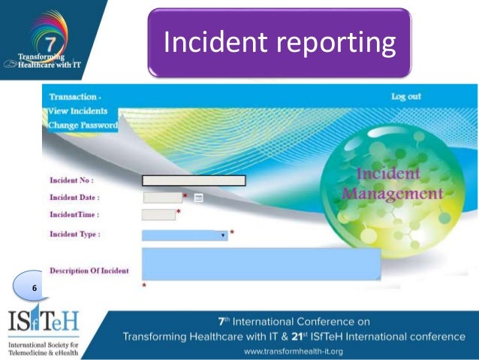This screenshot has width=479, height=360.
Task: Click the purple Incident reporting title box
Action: pyautogui.click(x=279, y=42)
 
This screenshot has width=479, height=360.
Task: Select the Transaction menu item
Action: pyautogui.click(x=74, y=97)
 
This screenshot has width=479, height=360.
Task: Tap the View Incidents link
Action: pyautogui.click(x=78, y=111)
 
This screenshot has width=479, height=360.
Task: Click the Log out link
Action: pyautogui.click(x=406, y=96)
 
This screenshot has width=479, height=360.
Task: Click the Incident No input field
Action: pyautogui.click(x=194, y=180)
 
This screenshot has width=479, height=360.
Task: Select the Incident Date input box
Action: pyautogui.click(x=162, y=198)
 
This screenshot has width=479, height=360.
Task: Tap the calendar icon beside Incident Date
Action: pyautogui.click(x=198, y=198)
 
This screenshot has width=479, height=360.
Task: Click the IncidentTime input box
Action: pyautogui.click(x=158, y=215)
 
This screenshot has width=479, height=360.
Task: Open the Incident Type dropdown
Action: pyautogui.click(x=185, y=235)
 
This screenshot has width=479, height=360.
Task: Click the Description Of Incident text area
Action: pyautogui.click(x=261, y=264)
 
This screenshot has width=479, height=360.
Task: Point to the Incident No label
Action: pyautogui.click(x=71, y=180)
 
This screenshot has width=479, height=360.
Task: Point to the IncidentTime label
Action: pyautogui.click(x=74, y=215)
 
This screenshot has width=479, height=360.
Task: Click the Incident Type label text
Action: pyautogui.click(x=75, y=234)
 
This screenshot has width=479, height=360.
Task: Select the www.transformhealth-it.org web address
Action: pyautogui.click(x=293, y=351)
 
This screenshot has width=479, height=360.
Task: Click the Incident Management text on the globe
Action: pyautogui.click(x=392, y=184)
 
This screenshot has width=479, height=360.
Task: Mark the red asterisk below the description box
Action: pyautogui.click(x=143, y=286)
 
